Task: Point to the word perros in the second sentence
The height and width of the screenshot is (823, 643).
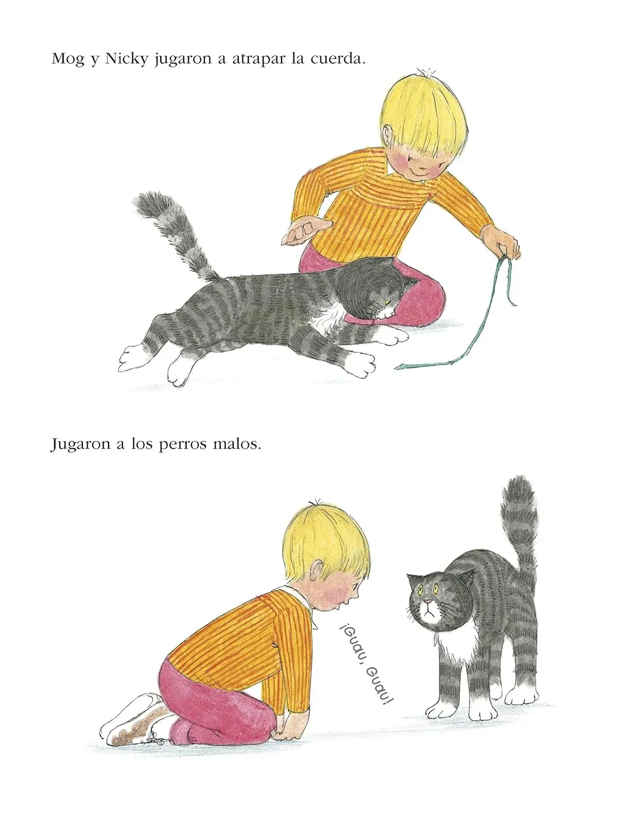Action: [x=182, y=444]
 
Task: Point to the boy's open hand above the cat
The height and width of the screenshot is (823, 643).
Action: [x=305, y=230]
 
